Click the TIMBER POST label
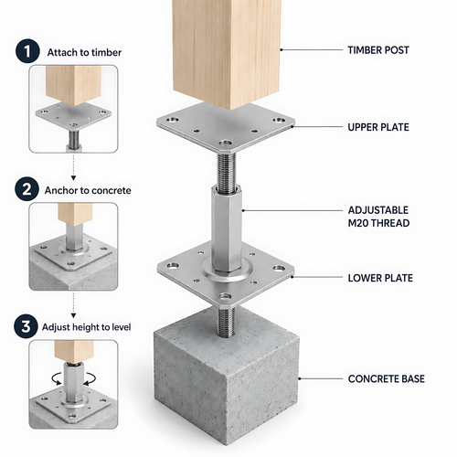pos(378,50)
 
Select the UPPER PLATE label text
pos(378,127)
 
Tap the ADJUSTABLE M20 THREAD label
pos(378,217)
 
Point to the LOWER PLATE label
pos(380,278)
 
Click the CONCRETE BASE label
pos(387,378)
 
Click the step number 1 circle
pos(27,51)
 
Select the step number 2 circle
pos(27,189)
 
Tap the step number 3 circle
pos(26,326)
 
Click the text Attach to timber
pos(84,52)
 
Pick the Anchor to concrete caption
pos(88,190)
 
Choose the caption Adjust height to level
pos(87,327)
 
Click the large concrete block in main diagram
pos(226,381)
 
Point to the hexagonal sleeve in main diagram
pos(227,229)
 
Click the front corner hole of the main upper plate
pos(225,143)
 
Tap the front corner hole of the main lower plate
pos(225,296)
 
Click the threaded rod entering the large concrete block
pos(227,322)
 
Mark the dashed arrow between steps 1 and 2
pos(73,167)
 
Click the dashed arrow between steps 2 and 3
pos(73,305)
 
